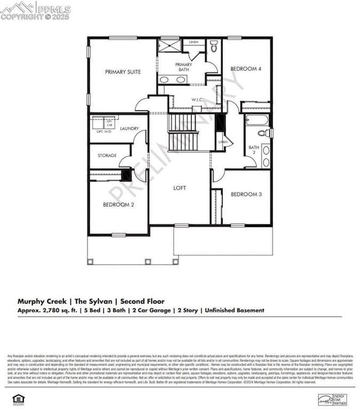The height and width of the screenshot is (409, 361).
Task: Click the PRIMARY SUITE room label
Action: pos(123,72)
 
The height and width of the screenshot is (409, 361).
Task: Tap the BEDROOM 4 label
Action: pos(245,69)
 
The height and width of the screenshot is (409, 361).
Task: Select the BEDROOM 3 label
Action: pos(246,194)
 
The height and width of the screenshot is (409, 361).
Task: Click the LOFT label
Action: pos(179,188)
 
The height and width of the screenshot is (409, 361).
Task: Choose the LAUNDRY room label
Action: pos(129,129)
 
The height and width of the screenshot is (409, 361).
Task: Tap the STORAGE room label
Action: pos(107,155)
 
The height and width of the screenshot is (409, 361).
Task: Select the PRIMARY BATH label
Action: pos(184,67)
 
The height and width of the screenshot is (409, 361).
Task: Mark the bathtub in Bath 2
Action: pos(257,119)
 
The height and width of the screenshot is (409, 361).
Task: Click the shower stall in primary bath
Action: pos(169,46)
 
